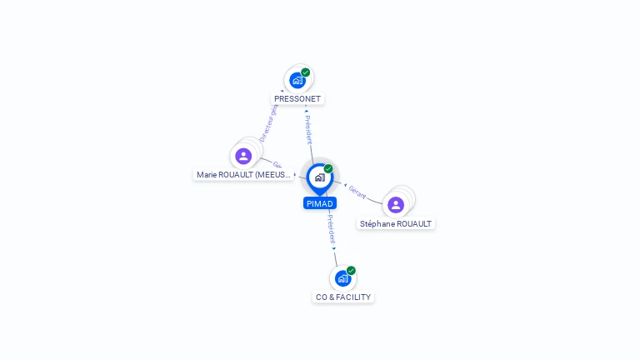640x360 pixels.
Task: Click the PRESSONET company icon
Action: click(297, 81)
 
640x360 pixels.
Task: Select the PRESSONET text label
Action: click(297, 99)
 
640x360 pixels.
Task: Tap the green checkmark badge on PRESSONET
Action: click(306, 72)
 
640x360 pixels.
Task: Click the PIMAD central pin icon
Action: click(319, 177)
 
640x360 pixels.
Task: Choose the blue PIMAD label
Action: click(320, 203)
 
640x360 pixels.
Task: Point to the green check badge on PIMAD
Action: click(328, 169)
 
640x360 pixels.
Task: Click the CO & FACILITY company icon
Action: click(342, 278)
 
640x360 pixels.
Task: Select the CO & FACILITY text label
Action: click(343, 297)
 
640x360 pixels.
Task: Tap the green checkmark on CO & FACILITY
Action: click(351, 271)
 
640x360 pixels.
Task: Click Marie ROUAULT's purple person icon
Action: click(243, 156)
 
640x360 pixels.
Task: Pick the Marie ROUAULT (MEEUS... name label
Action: click(243, 175)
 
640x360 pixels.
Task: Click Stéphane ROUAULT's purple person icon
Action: click(396, 204)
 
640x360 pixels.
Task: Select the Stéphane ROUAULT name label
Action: click(396, 223)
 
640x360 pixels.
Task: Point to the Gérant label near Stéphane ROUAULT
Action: click(357, 192)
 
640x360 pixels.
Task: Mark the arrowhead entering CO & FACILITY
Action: click(334, 248)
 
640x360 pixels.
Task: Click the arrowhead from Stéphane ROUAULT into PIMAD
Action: click(345, 184)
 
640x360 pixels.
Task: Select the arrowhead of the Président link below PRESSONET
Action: click(307, 111)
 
